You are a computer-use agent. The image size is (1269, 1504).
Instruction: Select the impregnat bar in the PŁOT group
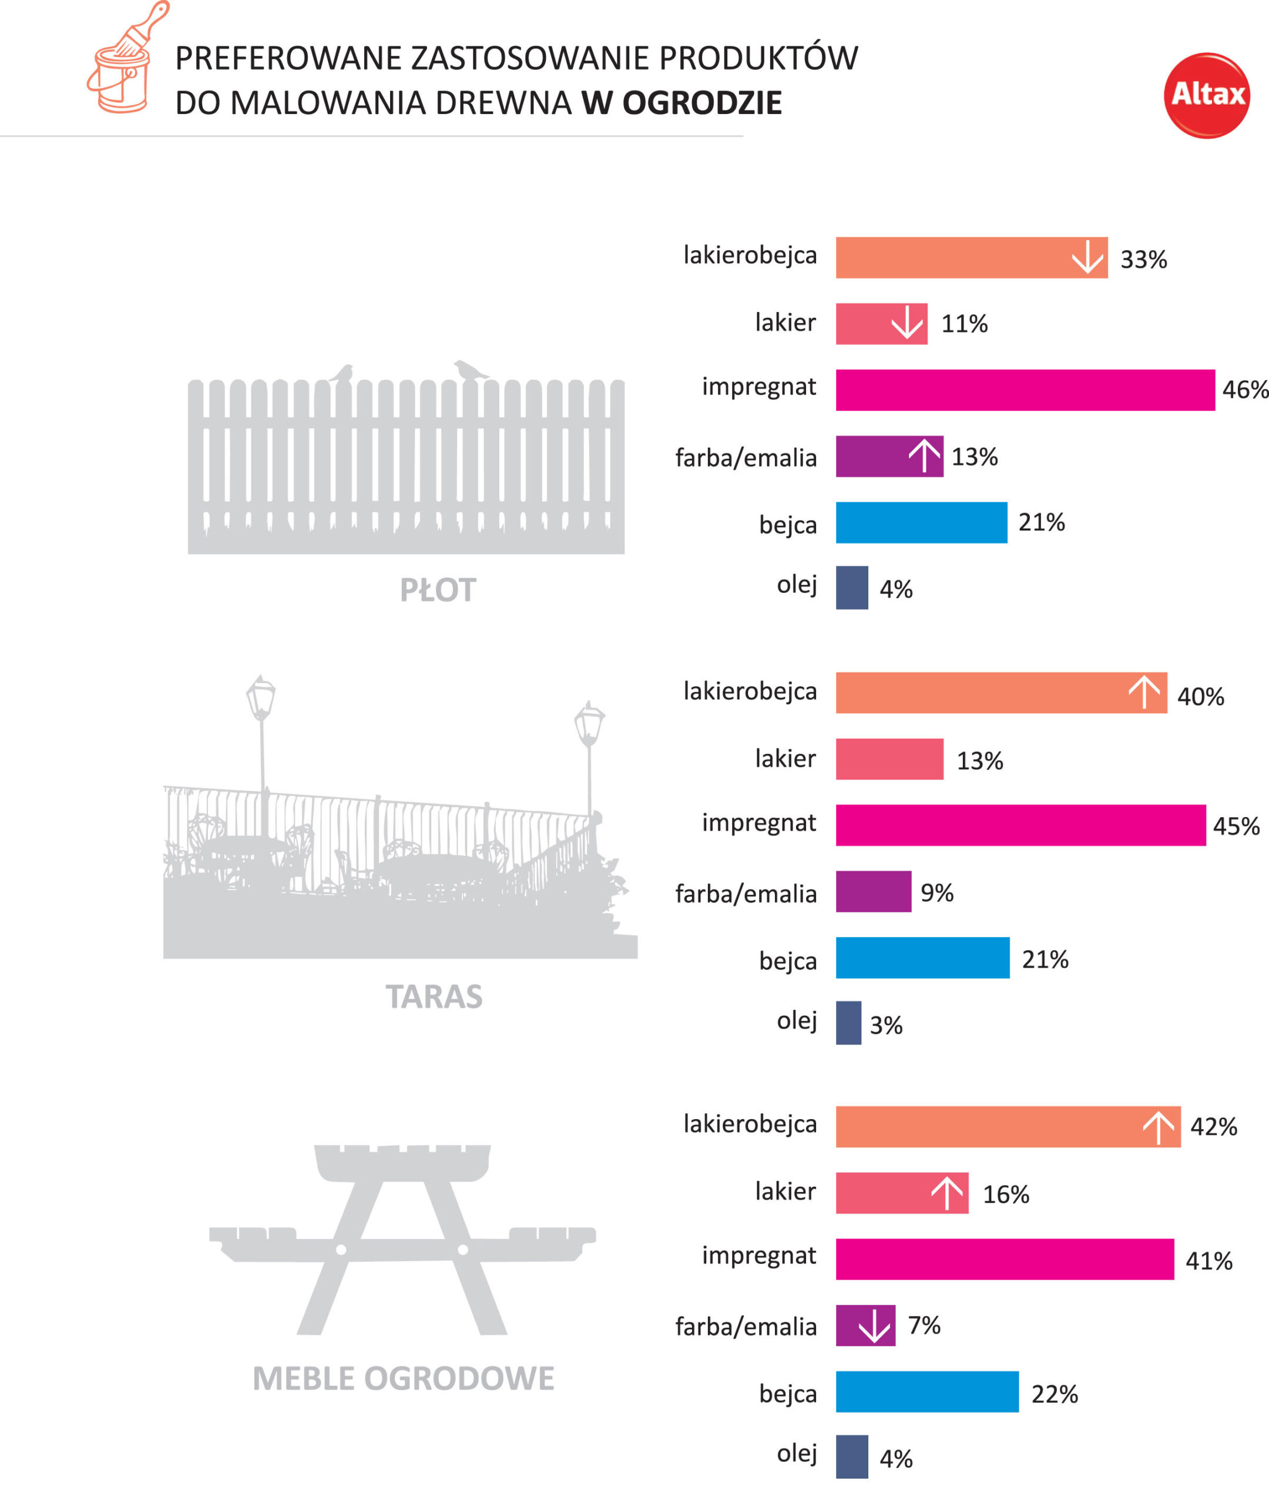1025,390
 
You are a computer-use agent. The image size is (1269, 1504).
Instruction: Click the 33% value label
1143,260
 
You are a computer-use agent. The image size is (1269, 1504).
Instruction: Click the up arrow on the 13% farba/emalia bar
924,456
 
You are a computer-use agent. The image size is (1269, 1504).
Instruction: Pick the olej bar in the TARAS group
848,1022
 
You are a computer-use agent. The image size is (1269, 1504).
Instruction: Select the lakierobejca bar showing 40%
1000,693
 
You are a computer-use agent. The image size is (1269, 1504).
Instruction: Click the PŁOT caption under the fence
437,590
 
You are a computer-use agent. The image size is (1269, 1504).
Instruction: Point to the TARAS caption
434,996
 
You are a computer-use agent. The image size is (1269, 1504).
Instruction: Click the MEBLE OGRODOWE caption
403,1378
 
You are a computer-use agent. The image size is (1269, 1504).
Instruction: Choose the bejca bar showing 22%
926,1392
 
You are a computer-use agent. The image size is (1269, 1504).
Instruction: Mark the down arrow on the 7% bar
874,1325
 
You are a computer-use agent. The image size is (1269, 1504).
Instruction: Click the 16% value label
1006,1194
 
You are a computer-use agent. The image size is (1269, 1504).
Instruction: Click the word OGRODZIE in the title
701,103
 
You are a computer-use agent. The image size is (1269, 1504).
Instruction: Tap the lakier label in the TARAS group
785,758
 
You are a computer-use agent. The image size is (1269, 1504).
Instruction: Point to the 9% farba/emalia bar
872,891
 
